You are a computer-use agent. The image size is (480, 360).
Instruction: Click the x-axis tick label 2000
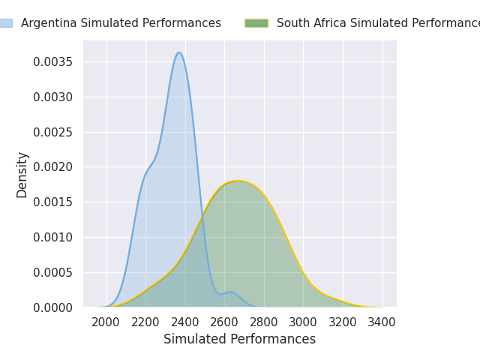[106, 322]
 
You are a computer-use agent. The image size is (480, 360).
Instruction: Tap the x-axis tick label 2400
[185, 322]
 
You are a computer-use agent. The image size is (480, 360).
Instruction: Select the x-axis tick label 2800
[264, 322]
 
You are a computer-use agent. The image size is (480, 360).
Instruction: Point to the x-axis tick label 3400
[382, 322]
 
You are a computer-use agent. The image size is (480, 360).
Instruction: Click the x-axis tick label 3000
[304, 322]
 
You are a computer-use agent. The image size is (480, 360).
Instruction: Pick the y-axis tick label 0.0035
[52, 61]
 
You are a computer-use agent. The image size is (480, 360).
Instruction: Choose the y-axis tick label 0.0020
[52, 167]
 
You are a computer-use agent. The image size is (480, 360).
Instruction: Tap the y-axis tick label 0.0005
[52, 272]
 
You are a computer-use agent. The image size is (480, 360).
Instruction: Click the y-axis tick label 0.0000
[52, 307]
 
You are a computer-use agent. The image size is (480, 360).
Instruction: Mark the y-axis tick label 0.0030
[52, 97]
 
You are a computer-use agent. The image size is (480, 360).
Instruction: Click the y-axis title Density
[22, 175]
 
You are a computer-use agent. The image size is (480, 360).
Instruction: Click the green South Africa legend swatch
[256, 23]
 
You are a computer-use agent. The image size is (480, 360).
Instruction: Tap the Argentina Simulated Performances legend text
[121, 23]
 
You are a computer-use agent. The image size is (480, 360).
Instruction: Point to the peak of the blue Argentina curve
[178, 52]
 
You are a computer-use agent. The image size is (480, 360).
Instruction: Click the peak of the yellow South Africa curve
[238, 181]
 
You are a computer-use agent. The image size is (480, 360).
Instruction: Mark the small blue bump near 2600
[229, 292]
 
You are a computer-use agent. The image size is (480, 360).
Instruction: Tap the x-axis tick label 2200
[146, 322]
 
